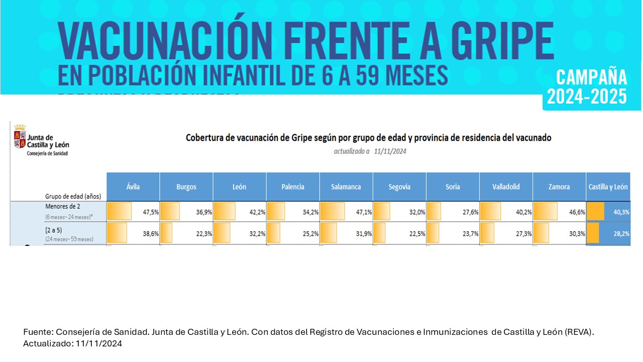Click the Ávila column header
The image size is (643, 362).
click(x=133, y=187)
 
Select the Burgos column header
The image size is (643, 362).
click(x=186, y=187)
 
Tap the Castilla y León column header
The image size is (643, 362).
click(x=608, y=187)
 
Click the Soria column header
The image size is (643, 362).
click(x=453, y=187)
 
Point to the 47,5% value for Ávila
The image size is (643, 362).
click(x=151, y=212)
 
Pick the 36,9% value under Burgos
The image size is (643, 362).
click(x=204, y=212)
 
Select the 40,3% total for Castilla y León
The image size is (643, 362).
click(x=621, y=212)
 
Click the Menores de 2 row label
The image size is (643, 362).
click(x=63, y=206)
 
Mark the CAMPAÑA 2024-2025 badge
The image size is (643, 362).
click(x=592, y=86)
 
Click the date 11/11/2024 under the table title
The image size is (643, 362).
click(x=390, y=151)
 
